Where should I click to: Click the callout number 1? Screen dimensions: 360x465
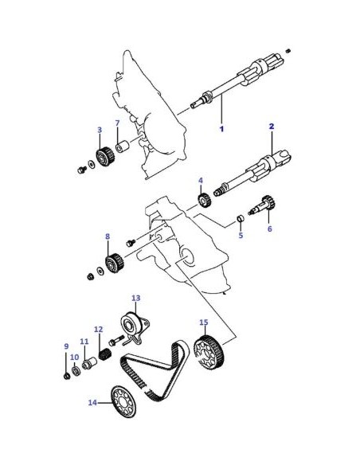coord(221,129)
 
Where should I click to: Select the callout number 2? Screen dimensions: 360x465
coord(272,127)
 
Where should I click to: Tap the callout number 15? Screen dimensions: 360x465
coord(204,322)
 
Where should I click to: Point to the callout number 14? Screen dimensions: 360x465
coord(92,402)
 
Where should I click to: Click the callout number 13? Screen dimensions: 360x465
coord(136,298)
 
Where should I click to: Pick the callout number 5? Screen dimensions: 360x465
coord(241,235)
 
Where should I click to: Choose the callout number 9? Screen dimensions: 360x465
coord(66,346)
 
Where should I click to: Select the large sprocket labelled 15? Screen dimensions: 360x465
coord(209,352)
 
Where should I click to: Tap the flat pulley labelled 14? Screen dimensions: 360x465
coord(123,401)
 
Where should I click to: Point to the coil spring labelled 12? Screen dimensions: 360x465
coord(104,354)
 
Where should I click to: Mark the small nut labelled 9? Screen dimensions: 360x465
coord(67,377)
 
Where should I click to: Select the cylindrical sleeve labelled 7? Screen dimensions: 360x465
coord(121,147)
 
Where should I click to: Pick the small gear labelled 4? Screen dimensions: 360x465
coord(204,201)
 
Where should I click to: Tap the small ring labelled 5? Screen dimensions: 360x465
coord(241,219)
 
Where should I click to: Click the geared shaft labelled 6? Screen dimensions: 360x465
coord(263,204)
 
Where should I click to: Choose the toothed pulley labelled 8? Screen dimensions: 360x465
coord(115,263)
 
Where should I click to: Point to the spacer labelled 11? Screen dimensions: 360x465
coord(89,363)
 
